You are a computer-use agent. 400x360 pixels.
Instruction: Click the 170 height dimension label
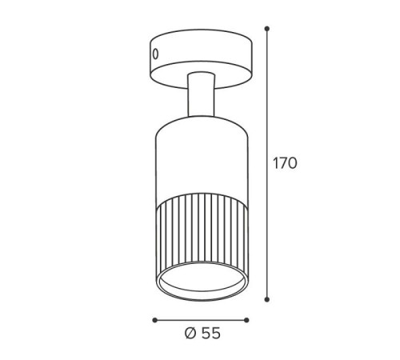285,163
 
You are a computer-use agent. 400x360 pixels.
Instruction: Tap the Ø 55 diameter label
202,333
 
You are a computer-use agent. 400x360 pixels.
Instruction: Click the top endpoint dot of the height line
266,29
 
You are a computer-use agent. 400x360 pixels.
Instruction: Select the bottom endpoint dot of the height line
267,299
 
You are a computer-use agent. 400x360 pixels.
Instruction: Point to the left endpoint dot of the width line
154,320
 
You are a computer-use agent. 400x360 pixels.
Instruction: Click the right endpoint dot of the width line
246,320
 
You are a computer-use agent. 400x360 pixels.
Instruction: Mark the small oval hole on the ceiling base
155,54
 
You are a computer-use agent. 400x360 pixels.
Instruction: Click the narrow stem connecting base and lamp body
201,94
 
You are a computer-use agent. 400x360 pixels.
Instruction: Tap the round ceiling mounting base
201,59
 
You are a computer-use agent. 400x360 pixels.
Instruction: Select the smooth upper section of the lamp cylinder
202,158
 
